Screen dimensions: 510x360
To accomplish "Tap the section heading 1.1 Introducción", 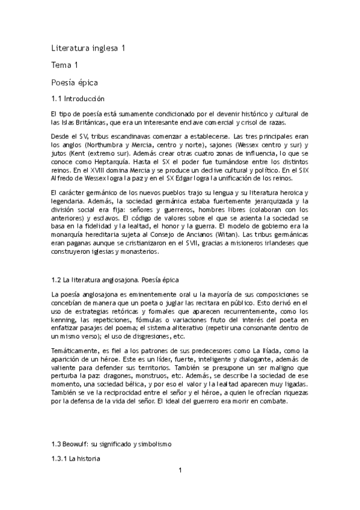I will pyautogui.click(x=78, y=98).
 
